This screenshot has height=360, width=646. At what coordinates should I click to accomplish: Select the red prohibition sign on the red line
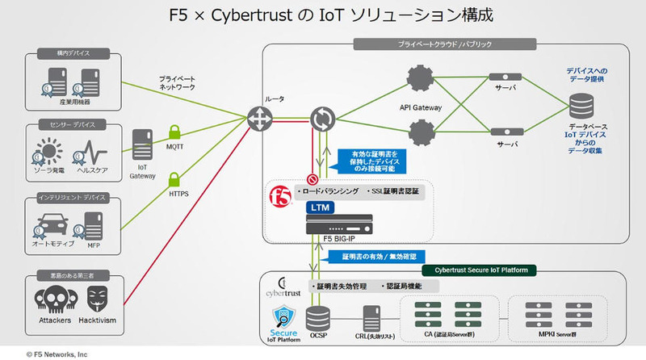(312, 179)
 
